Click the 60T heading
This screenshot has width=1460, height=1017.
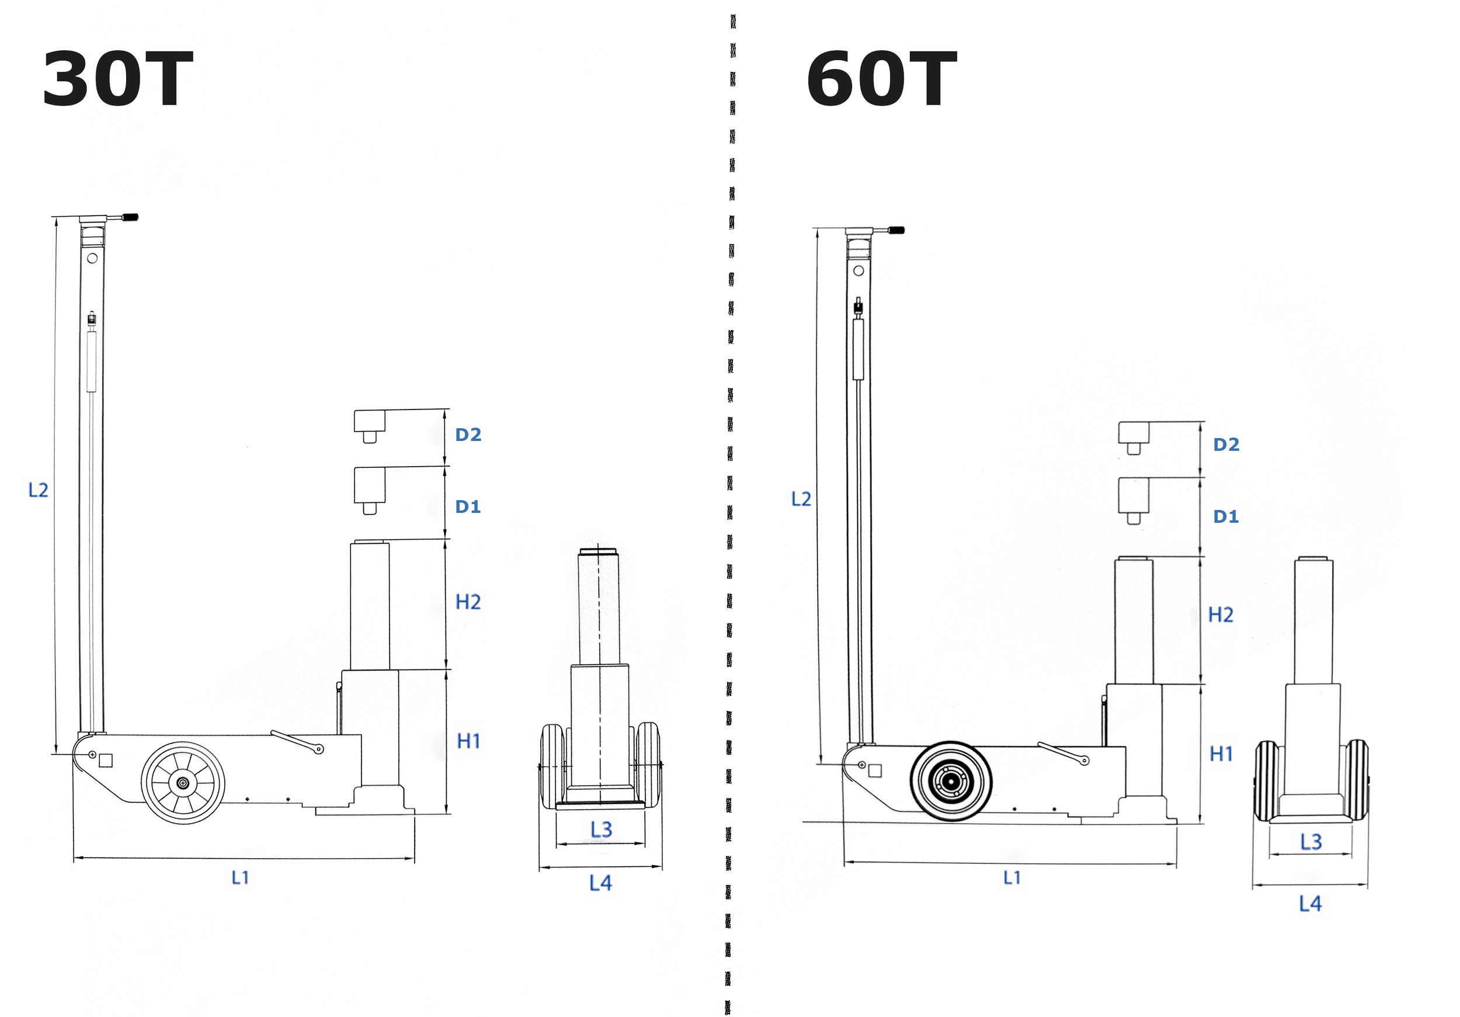[x=882, y=79]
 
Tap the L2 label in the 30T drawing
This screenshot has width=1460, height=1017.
[x=38, y=490]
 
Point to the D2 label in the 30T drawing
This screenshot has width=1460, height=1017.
[x=468, y=435]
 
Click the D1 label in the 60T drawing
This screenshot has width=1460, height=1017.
[x=1226, y=516]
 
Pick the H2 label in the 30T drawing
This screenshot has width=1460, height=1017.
[x=468, y=602]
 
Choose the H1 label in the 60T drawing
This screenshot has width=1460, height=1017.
[x=1221, y=754]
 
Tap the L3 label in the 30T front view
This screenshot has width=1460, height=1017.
[x=601, y=829]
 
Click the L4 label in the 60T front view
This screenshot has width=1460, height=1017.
[x=1310, y=904]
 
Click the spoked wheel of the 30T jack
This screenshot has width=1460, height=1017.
[x=183, y=783]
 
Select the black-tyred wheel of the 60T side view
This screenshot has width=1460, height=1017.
[x=951, y=781]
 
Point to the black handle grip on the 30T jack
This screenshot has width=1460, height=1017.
[x=130, y=217]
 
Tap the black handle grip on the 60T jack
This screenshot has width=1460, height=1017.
[x=896, y=230]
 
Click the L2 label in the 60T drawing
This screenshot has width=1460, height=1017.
[x=801, y=499]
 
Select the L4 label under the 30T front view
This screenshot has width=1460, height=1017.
[x=600, y=883]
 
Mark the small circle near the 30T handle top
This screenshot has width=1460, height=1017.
[x=92, y=258]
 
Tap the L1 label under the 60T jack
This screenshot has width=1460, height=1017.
[x=1011, y=878]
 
